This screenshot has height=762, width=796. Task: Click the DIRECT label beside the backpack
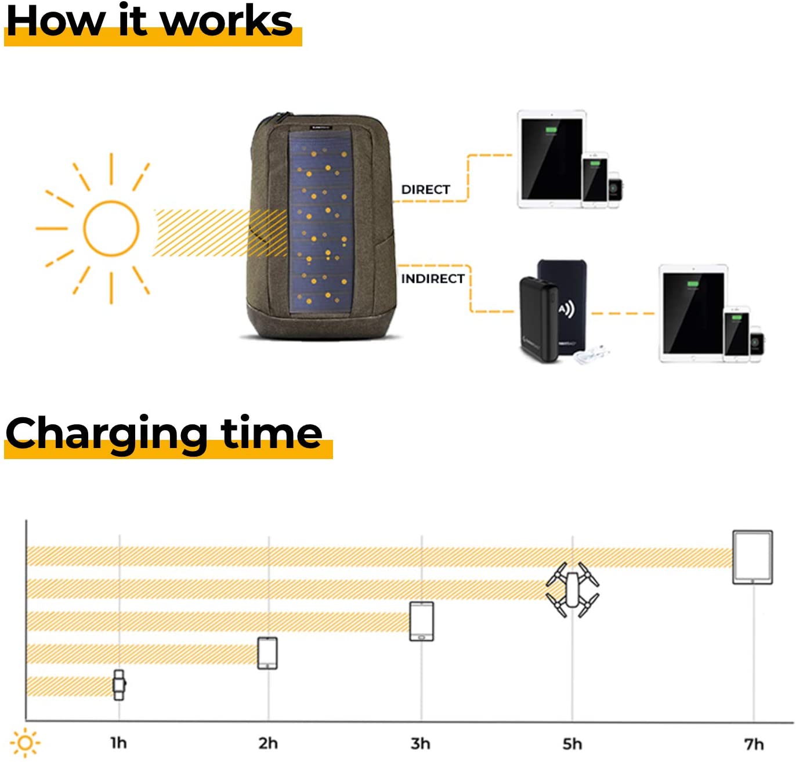[425, 189]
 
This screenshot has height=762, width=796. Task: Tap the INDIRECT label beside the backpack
[432, 279]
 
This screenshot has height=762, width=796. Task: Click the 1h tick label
[118, 743]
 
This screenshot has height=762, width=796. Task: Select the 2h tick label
[268, 743]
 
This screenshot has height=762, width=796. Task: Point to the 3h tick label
[421, 743]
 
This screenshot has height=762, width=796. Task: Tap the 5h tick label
[572, 743]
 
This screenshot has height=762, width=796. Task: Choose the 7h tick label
[754, 743]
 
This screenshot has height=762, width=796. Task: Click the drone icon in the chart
[572, 589]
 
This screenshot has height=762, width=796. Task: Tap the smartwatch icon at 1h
[119, 685]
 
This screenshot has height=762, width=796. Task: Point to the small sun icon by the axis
[25, 742]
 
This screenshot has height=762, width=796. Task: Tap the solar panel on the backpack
[320, 221]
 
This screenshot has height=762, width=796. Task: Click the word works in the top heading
[227, 20]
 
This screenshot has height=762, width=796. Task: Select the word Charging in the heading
[106, 434]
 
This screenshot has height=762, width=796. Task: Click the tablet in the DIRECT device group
[552, 159]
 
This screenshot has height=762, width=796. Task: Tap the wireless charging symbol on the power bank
[567, 309]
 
